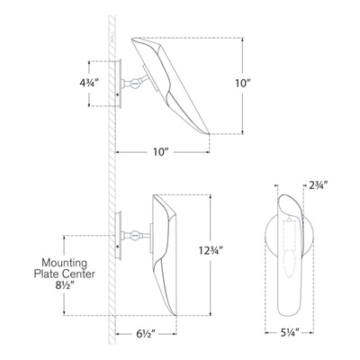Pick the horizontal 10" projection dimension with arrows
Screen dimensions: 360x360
pyautogui.click(x=161, y=151)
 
